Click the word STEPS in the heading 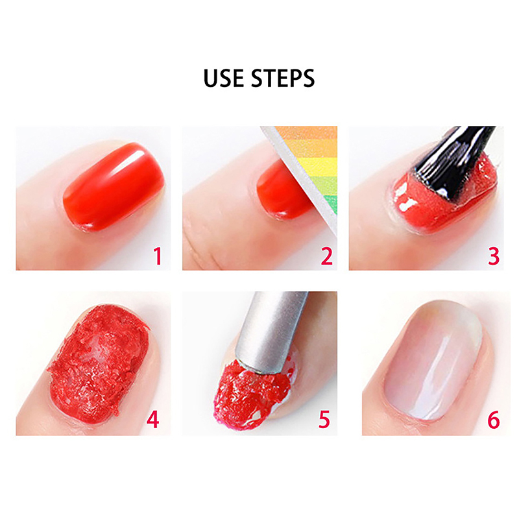[x=283, y=78]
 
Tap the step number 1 [x=158, y=256]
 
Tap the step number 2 [x=327, y=256]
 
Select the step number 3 [x=494, y=256]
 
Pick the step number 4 [x=152, y=420]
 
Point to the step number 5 [x=324, y=420]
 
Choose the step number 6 [x=493, y=420]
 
